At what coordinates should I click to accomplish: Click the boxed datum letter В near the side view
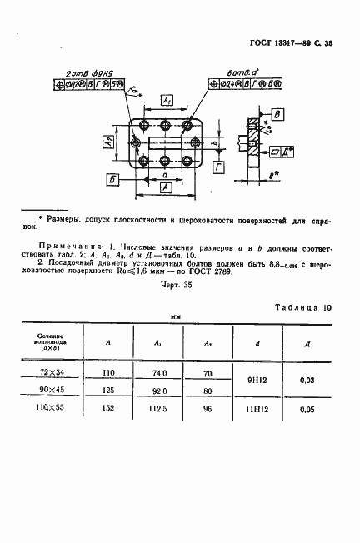point(279,115)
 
